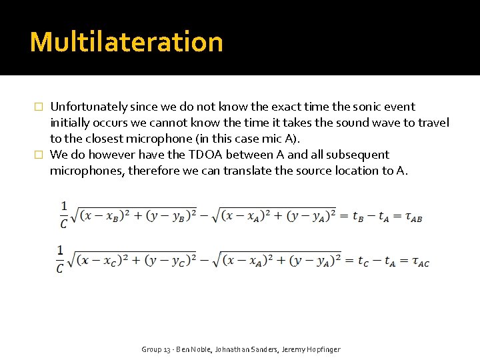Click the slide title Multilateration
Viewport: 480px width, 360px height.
click(x=127, y=42)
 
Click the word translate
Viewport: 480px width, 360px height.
click(x=251, y=171)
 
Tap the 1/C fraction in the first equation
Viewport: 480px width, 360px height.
click(x=63, y=215)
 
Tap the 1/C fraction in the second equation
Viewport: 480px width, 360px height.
click(x=61, y=259)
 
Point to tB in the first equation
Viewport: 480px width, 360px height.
click(x=358, y=217)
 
